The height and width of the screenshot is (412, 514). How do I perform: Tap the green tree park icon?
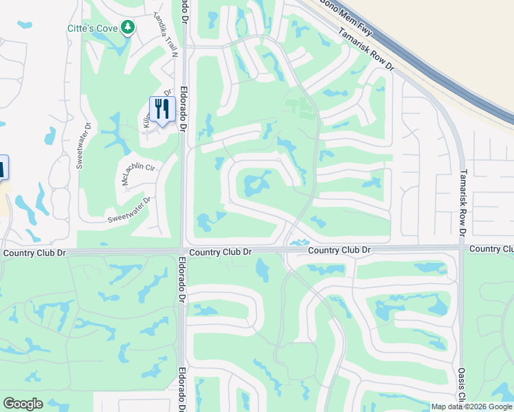point(126,27)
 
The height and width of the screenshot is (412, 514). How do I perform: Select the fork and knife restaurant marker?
point(161,109)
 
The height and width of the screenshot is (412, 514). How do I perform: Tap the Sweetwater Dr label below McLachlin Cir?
point(128,210)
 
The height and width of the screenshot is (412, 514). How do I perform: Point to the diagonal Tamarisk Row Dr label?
point(366,48)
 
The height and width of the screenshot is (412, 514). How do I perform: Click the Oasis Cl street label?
point(462,385)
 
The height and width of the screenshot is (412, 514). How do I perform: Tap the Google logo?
point(23,404)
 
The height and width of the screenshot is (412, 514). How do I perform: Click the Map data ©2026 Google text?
point(471,407)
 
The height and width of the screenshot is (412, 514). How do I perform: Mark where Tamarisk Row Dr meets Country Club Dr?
point(461,250)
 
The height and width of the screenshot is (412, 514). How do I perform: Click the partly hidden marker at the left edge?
point(3,167)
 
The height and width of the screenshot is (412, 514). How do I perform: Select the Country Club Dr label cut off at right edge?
point(492,248)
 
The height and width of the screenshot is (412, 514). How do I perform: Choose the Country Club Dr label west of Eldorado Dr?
point(34,253)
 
